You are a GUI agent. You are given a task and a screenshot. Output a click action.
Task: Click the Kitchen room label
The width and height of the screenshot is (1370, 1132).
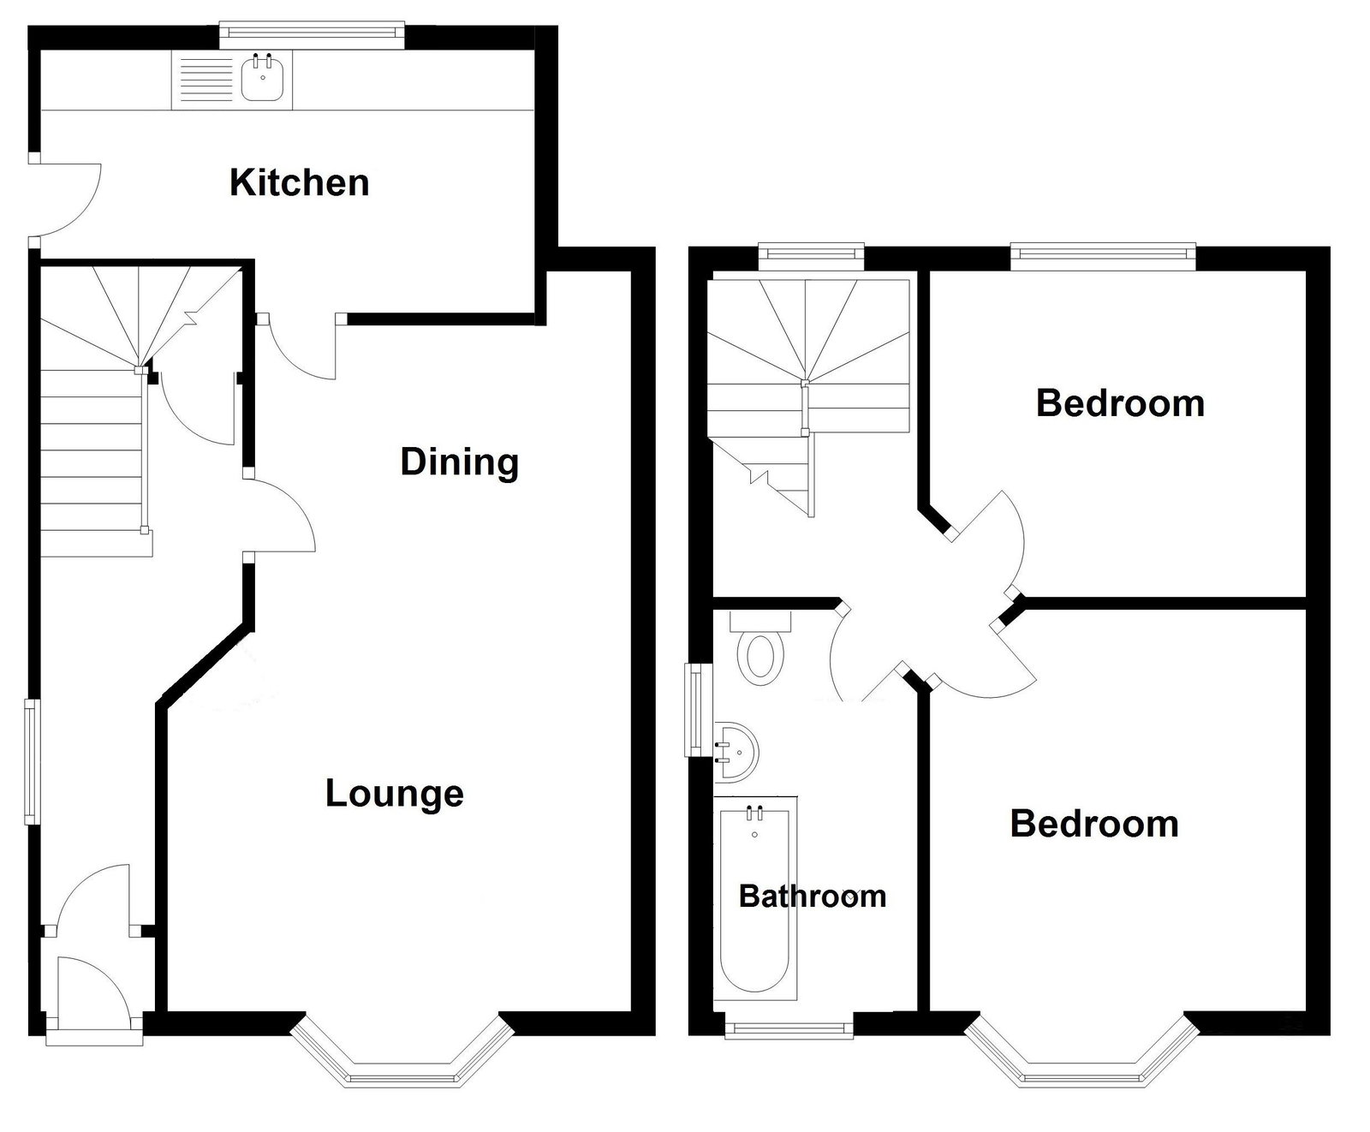click(299, 183)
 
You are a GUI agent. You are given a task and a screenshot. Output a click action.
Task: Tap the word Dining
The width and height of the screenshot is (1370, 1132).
click(460, 463)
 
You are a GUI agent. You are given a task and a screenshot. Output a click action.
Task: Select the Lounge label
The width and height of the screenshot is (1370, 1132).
click(395, 794)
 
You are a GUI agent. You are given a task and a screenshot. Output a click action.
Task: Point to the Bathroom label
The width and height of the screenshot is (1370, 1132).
click(813, 897)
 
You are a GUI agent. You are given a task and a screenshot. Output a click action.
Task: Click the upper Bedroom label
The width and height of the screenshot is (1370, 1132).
click(1120, 403)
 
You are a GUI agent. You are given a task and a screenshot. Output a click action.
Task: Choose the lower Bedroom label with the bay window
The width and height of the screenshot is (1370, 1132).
click(1094, 824)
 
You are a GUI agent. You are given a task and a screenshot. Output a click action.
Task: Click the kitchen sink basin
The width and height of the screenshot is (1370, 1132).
click(263, 80)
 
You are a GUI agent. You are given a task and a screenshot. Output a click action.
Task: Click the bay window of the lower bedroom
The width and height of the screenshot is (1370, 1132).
click(1081, 1053)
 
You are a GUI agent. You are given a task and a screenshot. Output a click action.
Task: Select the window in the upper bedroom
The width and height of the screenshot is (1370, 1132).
click(1103, 253)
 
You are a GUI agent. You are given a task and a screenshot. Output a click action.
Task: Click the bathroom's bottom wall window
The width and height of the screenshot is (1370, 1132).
click(789, 1026)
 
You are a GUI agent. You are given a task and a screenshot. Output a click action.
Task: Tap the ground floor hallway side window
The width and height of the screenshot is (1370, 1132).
click(32, 762)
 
